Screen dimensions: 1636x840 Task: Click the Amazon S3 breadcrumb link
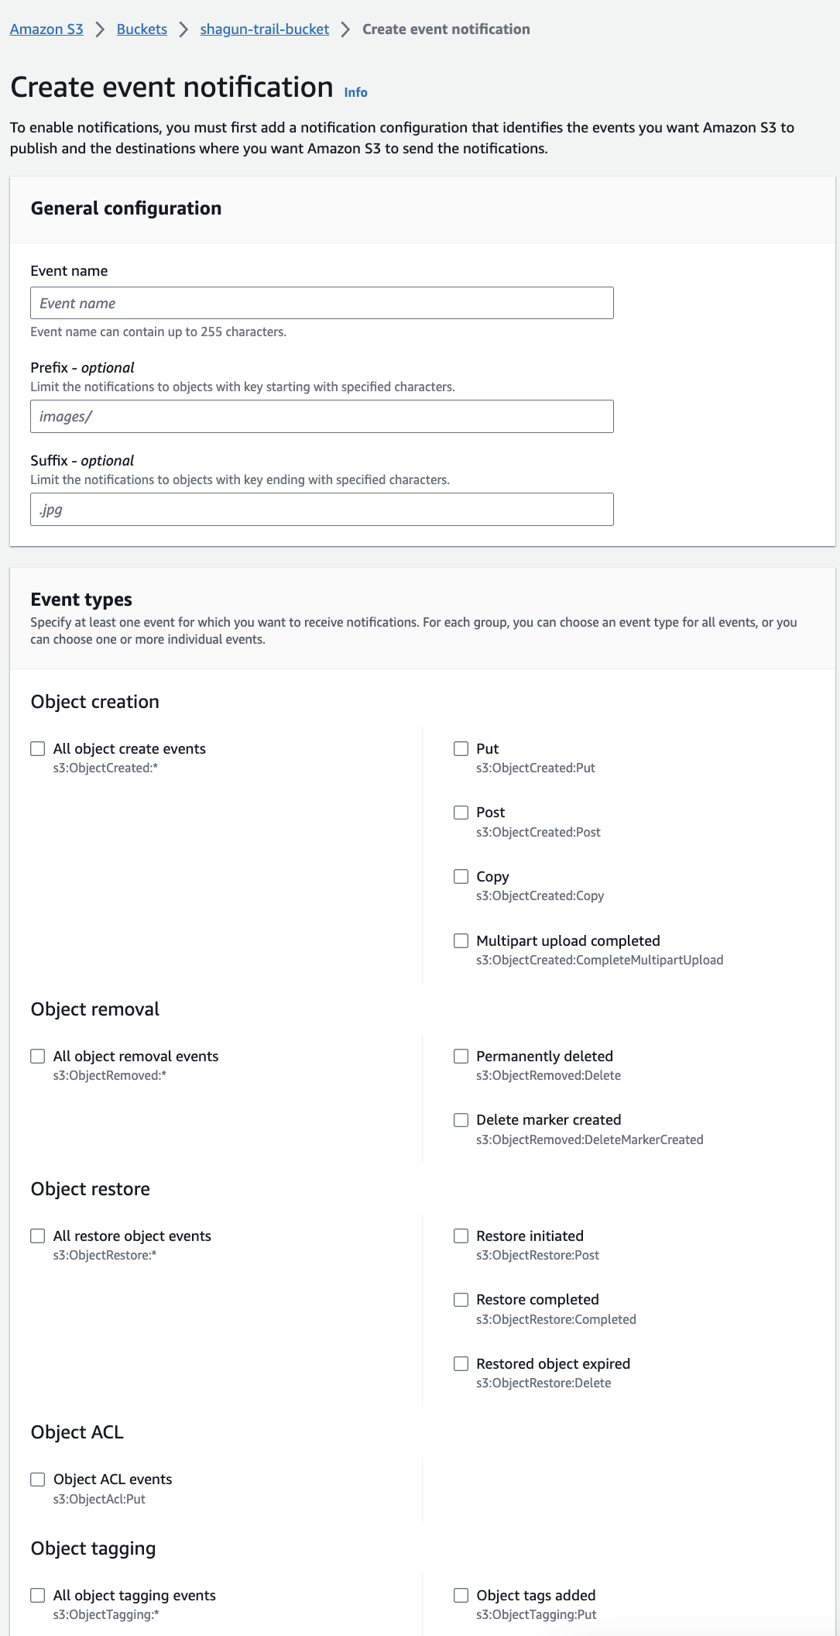46,29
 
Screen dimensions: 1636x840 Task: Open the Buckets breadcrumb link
142,29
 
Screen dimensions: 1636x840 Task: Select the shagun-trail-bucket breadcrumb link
264,29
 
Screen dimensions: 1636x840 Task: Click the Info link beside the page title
355,92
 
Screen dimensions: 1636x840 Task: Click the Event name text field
321,303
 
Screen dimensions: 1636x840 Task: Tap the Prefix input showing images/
321,417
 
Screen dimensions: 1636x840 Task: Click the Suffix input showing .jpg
321,510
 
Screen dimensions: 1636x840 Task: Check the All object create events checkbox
38,748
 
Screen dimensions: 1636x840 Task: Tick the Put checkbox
461,748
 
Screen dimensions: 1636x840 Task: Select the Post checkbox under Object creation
461,813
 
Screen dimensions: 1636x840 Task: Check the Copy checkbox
461,876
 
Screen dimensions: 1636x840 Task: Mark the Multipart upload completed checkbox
461,940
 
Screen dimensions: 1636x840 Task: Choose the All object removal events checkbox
38,1056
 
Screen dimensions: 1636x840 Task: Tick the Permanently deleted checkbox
461,1056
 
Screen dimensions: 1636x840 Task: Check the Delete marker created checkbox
461,1120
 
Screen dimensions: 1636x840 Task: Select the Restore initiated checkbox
461,1236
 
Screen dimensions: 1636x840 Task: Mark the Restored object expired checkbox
461,1363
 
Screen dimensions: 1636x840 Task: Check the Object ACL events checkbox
38,1480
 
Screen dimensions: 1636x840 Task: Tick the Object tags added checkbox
461,1595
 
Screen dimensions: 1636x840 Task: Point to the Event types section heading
81,600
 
